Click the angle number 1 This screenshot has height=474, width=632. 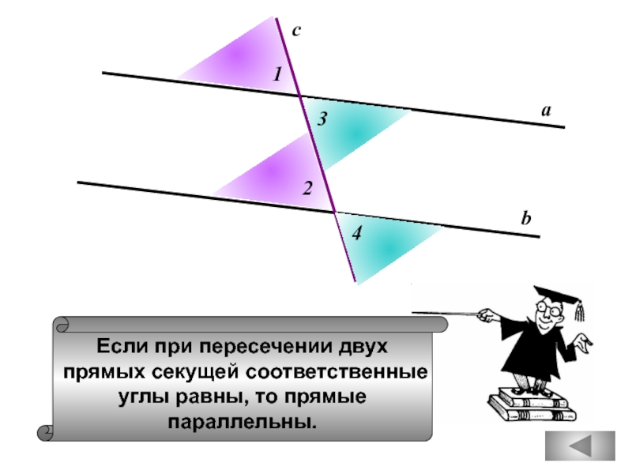pyautogui.click(x=277, y=74)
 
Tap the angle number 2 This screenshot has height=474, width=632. pyautogui.click(x=307, y=189)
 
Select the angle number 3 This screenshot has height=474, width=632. pyautogui.click(x=322, y=120)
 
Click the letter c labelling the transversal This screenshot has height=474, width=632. pyautogui.click(x=296, y=31)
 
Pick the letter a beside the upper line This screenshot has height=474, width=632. pyautogui.click(x=545, y=111)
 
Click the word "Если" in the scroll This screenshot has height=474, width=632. pyautogui.click(x=118, y=347)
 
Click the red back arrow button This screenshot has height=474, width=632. pyautogui.click(x=581, y=447)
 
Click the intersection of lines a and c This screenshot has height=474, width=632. pyautogui.click(x=299, y=95)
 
